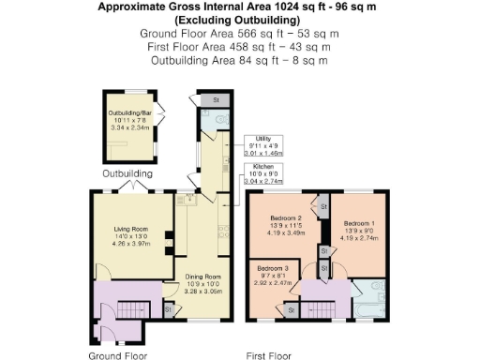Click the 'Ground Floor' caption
[117, 356]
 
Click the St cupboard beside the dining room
[170, 310]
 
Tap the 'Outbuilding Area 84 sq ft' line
[239, 60]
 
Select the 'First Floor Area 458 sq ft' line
[239, 46]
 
